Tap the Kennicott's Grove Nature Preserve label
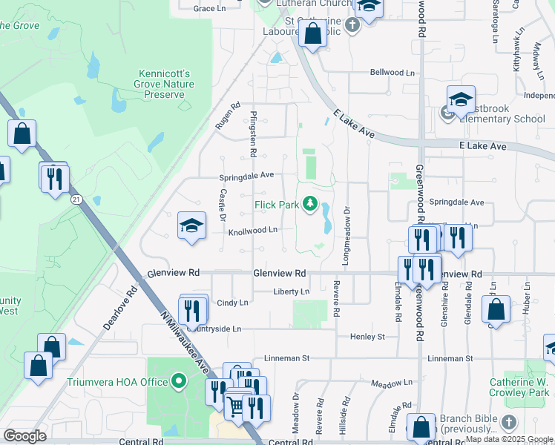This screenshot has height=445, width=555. (165, 84)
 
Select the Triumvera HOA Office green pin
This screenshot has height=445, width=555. (178, 383)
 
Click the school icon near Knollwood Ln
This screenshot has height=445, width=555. (191, 225)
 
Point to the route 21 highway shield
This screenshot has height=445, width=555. (76, 200)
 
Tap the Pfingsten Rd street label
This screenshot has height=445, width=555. (253, 133)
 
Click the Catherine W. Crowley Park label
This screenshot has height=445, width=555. (519, 388)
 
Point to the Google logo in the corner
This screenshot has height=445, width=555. (24, 436)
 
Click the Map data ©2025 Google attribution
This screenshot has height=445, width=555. (509, 439)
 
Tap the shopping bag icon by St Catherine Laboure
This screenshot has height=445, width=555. (312, 33)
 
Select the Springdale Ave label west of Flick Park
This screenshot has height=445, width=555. (246, 176)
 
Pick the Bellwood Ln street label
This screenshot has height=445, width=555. (393, 73)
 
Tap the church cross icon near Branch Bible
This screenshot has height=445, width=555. (508, 423)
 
